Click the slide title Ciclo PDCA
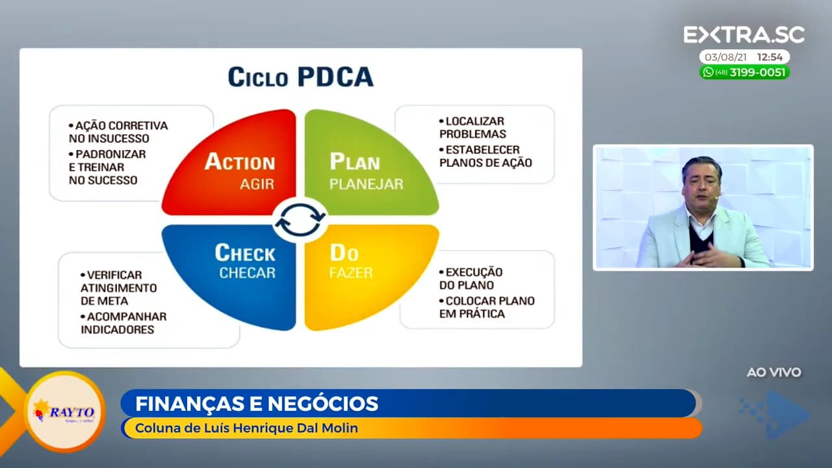pos(300,77)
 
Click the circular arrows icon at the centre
pos(300,220)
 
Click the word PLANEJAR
pos(366,184)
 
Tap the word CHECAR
pos(247,272)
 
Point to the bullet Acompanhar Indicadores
pos(123,323)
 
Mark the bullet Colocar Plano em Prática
pos(487,307)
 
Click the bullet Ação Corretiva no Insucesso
pos(118,132)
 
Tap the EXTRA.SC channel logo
pos(744,35)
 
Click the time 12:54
pos(770,57)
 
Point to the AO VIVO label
pos(773,372)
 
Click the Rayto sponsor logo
pos(64,411)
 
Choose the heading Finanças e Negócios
pos(257,404)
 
